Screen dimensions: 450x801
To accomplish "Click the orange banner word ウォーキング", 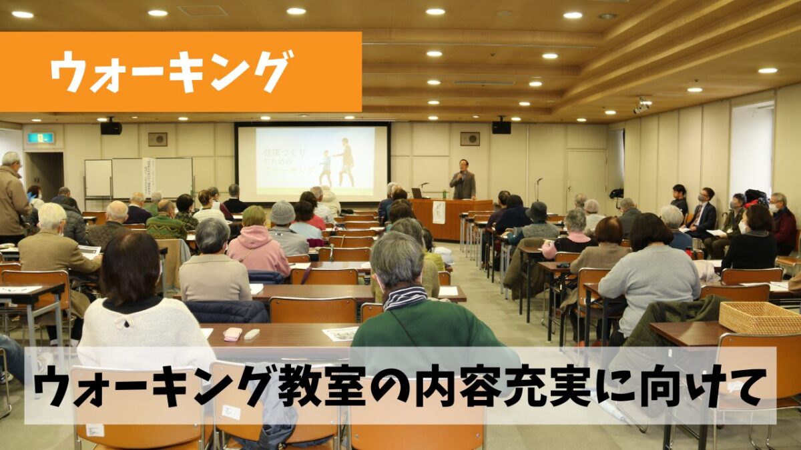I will tap(172, 71).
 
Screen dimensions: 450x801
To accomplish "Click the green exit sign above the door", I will tap(40, 138).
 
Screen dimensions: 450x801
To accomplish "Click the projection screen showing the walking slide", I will tap(312, 161).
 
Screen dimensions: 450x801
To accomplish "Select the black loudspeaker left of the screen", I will tap(111, 127).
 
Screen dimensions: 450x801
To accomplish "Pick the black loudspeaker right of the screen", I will tap(501, 126).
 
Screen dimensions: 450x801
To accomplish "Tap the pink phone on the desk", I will tap(232, 334).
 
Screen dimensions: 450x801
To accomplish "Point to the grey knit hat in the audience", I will tap(282, 213).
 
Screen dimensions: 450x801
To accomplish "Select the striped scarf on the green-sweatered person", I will tap(405, 297).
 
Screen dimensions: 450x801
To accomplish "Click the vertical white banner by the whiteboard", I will tap(148, 177).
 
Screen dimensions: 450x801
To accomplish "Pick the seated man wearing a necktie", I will tap(702, 213).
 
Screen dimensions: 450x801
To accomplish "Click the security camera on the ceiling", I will tap(642, 105).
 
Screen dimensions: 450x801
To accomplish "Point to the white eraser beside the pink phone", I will tap(252, 334).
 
